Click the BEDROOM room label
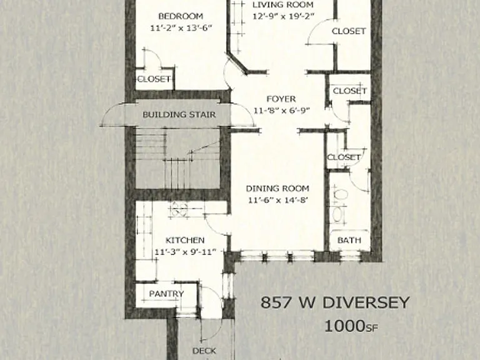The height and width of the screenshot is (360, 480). click(x=181, y=16)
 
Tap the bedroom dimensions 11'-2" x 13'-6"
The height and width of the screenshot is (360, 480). click(x=181, y=28)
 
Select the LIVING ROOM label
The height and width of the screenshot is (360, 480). click(x=283, y=4)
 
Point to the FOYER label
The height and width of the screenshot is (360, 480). click(x=281, y=99)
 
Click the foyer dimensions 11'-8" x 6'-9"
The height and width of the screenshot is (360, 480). click(x=282, y=110)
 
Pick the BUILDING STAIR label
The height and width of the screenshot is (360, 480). click(x=179, y=114)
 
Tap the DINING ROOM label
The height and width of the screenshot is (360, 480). click(x=277, y=188)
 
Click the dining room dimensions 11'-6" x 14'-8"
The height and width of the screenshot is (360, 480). click(x=278, y=200)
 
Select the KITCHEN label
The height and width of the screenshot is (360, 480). click(x=185, y=240)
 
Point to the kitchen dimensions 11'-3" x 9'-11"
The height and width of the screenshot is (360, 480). click(x=185, y=252)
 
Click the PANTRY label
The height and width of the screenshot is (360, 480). click(x=166, y=294)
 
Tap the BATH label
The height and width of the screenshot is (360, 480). click(x=349, y=240)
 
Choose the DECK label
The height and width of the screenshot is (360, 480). click(x=204, y=351)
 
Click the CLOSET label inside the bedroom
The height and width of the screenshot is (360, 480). click(x=154, y=79)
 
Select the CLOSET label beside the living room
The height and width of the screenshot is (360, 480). click(x=349, y=31)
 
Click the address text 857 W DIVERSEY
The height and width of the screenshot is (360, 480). click(x=335, y=302)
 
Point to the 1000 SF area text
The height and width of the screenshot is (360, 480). click(x=351, y=326)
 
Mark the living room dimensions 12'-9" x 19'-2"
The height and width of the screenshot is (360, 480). click(x=284, y=16)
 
